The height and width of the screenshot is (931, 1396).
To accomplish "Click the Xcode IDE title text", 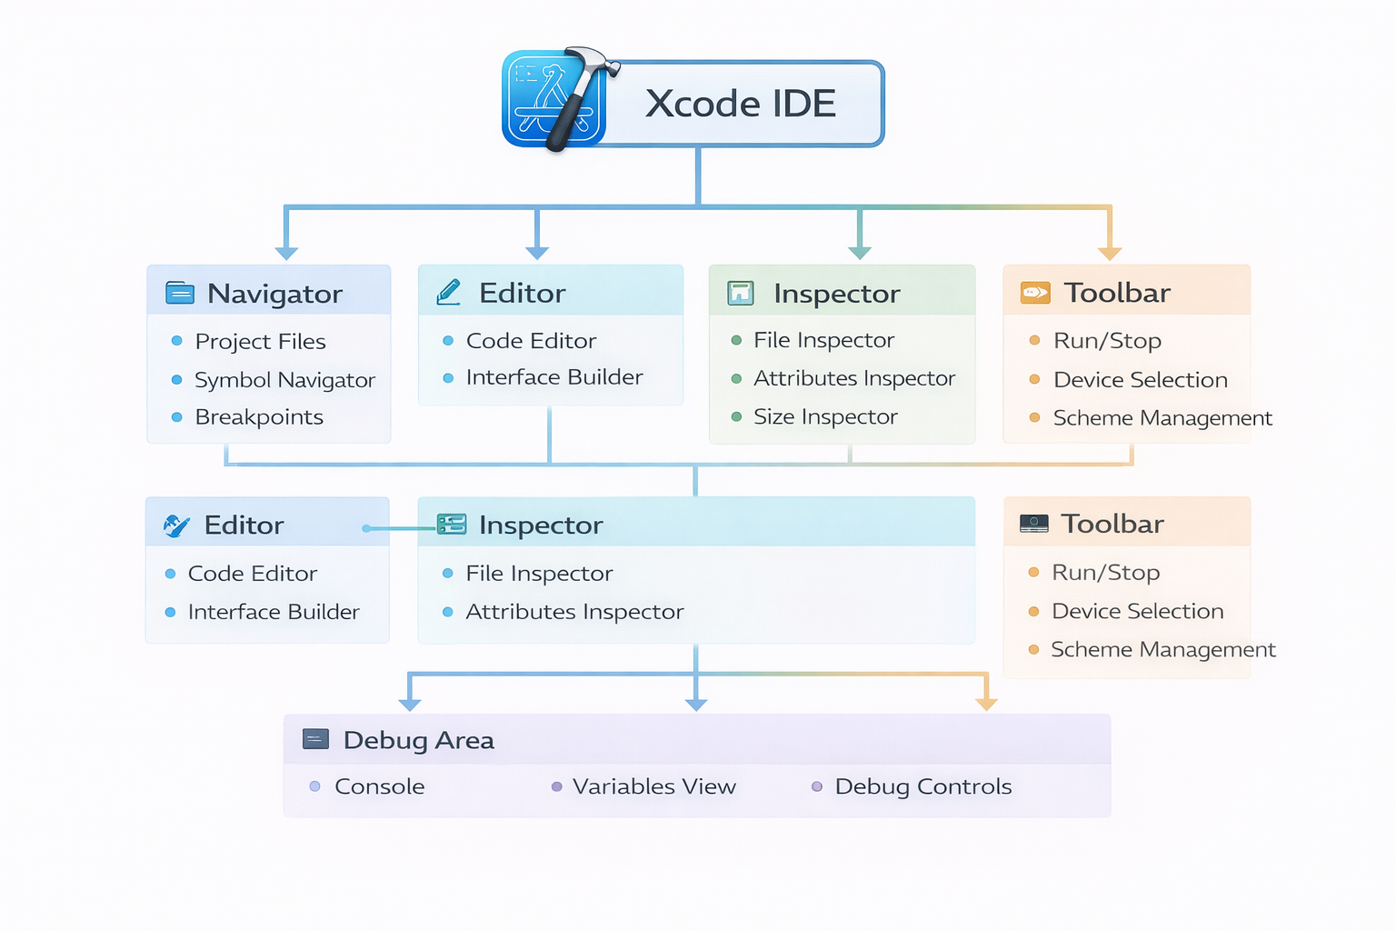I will click(740, 104).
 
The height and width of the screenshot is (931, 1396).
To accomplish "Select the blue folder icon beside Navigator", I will click(180, 293).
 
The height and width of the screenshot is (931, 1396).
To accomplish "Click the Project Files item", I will click(260, 342).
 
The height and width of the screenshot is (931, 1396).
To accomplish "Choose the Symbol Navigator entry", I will click(284, 380).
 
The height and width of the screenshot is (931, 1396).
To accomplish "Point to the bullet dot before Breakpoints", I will click(177, 417).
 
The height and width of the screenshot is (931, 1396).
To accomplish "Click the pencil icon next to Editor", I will click(449, 292).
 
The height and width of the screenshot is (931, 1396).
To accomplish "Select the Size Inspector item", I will click(825, 417).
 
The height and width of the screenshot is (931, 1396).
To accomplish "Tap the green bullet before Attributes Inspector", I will click(736, 379).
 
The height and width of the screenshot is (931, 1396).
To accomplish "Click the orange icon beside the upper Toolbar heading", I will click(1035, 293).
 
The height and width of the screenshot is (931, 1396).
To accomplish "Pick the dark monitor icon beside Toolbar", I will click(1033, 524).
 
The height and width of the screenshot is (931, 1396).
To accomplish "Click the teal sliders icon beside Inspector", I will click(452, 524).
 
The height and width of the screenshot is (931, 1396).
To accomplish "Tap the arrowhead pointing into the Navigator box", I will click(286, 252).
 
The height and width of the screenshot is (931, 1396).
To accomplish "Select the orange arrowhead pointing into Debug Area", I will click(986, 704).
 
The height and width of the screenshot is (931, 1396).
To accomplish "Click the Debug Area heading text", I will click(419, 740).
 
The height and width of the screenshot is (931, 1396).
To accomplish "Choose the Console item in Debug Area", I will click(379, 786).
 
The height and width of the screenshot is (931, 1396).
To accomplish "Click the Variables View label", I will click(653, 786).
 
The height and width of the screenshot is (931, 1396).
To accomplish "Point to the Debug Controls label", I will click(922, 786).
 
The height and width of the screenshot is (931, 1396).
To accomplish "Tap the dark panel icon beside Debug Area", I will click(315, 739).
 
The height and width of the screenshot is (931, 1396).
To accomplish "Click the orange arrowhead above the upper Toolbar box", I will click(1110, 252).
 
